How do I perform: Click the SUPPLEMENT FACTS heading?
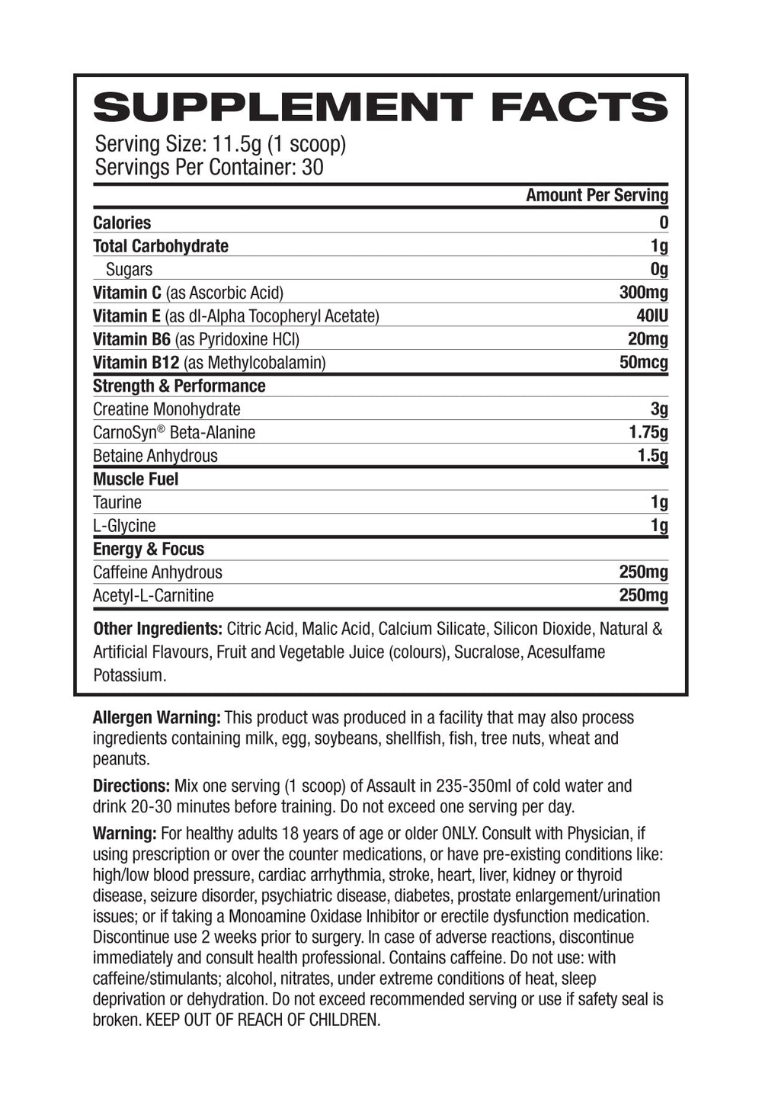click(x=380, y=107)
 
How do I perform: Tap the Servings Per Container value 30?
click(x=312, y=167)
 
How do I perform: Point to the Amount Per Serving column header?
click(x=597, y=195)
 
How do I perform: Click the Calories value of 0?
click(x=664, y=223)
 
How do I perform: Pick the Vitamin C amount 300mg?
click(x=644, y=293)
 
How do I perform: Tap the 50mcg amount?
click(x=644, y=362)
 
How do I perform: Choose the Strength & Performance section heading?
click(x=179, y=386)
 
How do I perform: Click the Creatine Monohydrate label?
click(x=166, y=409)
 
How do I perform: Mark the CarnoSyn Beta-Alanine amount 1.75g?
click(x=648, y=432)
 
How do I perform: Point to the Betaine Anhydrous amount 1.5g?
click(x=652, y=456)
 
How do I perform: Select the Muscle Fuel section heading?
click(x=136, y=479)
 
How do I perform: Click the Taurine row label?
click(x=117, y=502)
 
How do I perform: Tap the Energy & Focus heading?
click(x=149, y=549)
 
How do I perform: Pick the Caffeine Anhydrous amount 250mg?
click(x=644, y=572)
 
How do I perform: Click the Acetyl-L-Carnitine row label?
click(x=153, y=595)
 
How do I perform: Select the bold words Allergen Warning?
click(x=156, y=717)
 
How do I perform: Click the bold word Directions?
click(x=131, y=785)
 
